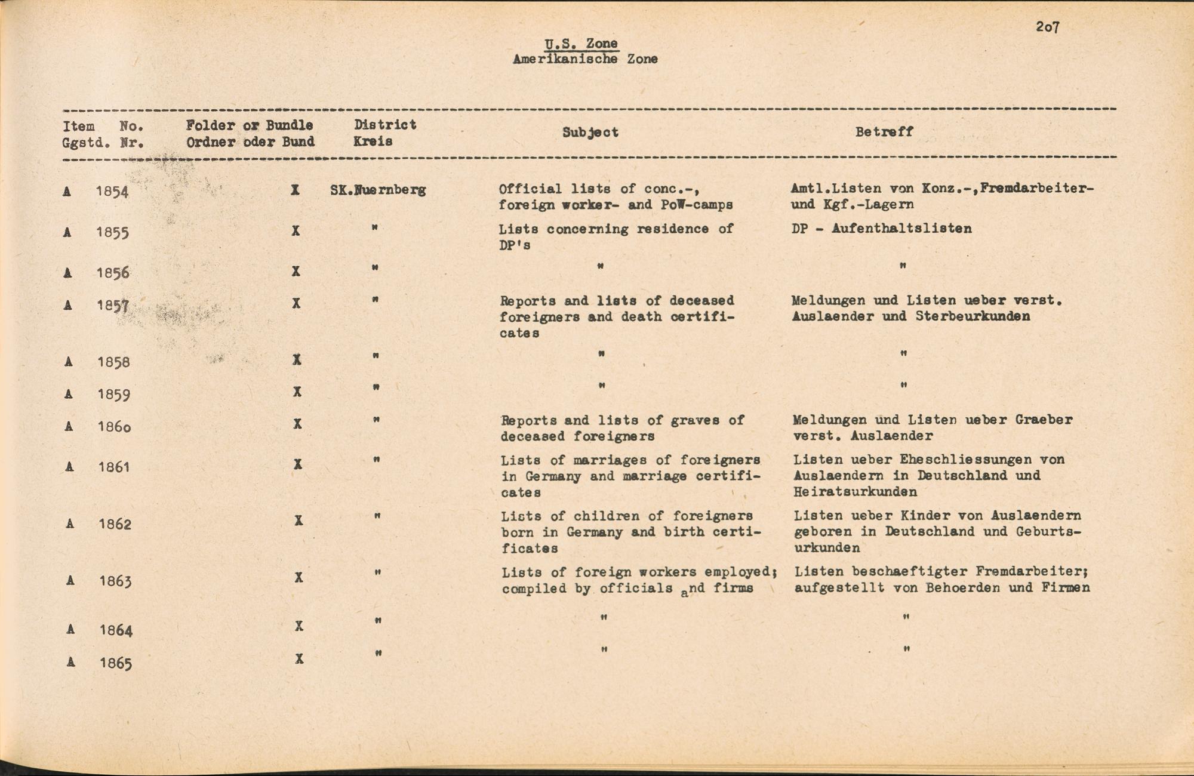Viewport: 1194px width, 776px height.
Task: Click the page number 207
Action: (1047, 27)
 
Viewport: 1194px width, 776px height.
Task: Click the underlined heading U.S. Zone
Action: (581, 44)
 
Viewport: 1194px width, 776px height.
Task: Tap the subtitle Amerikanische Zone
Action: (585, 59)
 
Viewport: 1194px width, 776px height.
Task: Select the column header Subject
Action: (590, 133)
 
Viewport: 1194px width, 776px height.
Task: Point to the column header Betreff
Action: (884, 132)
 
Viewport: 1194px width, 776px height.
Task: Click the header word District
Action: (385, 125)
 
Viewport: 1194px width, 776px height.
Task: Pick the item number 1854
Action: (112, 192)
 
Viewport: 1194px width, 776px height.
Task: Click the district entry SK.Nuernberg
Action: (378, 190)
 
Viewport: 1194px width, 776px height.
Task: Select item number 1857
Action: (113, 306)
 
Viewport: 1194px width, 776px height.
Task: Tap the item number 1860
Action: (114, 427)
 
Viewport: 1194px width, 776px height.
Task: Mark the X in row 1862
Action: (298, 521)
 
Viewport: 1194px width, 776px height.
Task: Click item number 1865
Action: (116, 663)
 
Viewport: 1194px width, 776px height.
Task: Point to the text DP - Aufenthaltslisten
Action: (881, 229)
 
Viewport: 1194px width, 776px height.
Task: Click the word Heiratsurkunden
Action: (855, 492)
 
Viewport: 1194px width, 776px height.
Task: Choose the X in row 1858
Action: (297, 359)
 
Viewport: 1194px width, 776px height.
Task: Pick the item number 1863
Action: (115, 581)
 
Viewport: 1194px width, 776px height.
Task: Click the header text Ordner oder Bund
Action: (250, 142)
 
